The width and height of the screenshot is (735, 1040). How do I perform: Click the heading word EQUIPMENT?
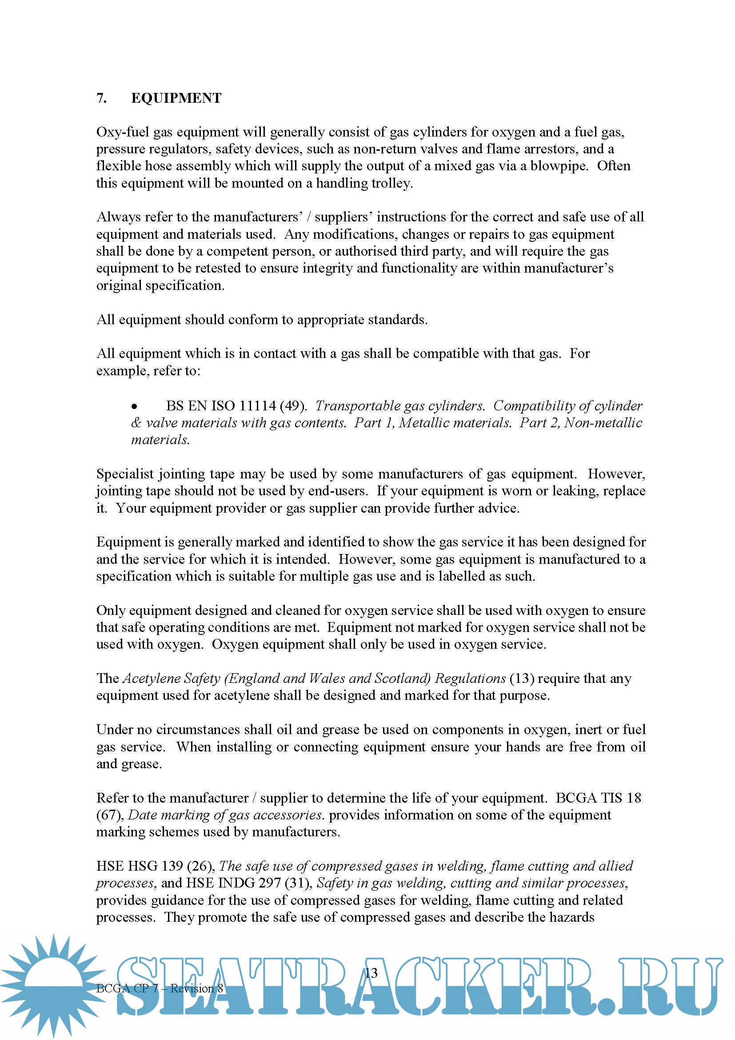tap(176, 98)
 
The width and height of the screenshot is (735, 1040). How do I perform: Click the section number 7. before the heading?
tap(102, 98)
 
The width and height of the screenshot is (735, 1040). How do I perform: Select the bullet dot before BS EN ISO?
tap(134, 407)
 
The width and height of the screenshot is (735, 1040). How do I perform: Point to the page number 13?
tap(371, 973)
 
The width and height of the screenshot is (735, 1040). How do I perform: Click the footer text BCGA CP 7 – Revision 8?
tap(160, 988)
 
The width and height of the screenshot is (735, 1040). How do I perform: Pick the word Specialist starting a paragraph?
tap(125, 474)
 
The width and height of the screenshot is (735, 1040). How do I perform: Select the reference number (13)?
tap(521, 679)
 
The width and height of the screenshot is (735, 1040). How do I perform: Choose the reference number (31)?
tap(298, 883)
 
